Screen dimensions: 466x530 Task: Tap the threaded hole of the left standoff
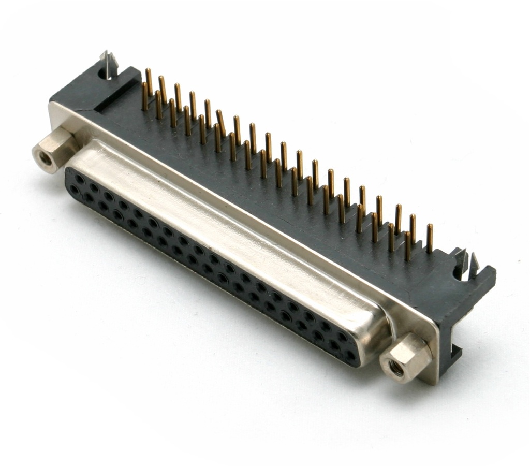point(45,158)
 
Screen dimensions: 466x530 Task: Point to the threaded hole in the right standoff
point(396,368)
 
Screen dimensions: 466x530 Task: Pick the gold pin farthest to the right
point(430,238)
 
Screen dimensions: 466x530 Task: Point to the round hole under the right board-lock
point(458,273)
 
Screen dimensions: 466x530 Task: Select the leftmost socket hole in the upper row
point(79,178)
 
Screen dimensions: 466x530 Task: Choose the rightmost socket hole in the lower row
point(352,356)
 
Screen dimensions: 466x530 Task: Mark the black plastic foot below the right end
point(450,357)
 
